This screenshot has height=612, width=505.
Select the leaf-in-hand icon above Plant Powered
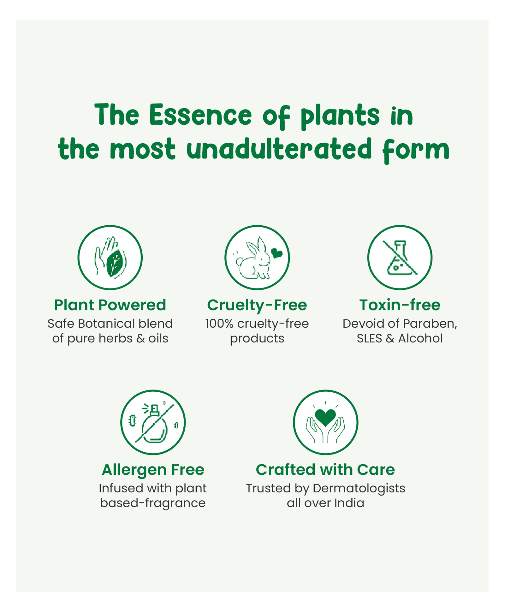pyautogui.click(x=110, y=257)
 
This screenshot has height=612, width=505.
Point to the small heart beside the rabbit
pyautogui.click(x=276, y=253)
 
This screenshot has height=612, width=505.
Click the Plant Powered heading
pyautogui.click(x=110, y=305)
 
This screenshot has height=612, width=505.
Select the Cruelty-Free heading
pyautogui.click(x=257, y=305)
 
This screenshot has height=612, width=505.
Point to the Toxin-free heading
pyautogui.click(x=400, y=305)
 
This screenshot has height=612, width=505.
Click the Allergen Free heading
pyautogui.click(x=153, y=470)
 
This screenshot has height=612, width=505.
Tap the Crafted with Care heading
pyautogui.click(x=325, y=469)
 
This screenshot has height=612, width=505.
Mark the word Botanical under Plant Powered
pyautogui.click(x=106, y=324)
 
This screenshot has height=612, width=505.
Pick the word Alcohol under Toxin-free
pyautogui.click(x=420, y=338)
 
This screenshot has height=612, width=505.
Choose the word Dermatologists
pyautogui.click(x=359, y=489)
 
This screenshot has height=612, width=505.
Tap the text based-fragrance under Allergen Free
pyautogui.click(x=153, y=503)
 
